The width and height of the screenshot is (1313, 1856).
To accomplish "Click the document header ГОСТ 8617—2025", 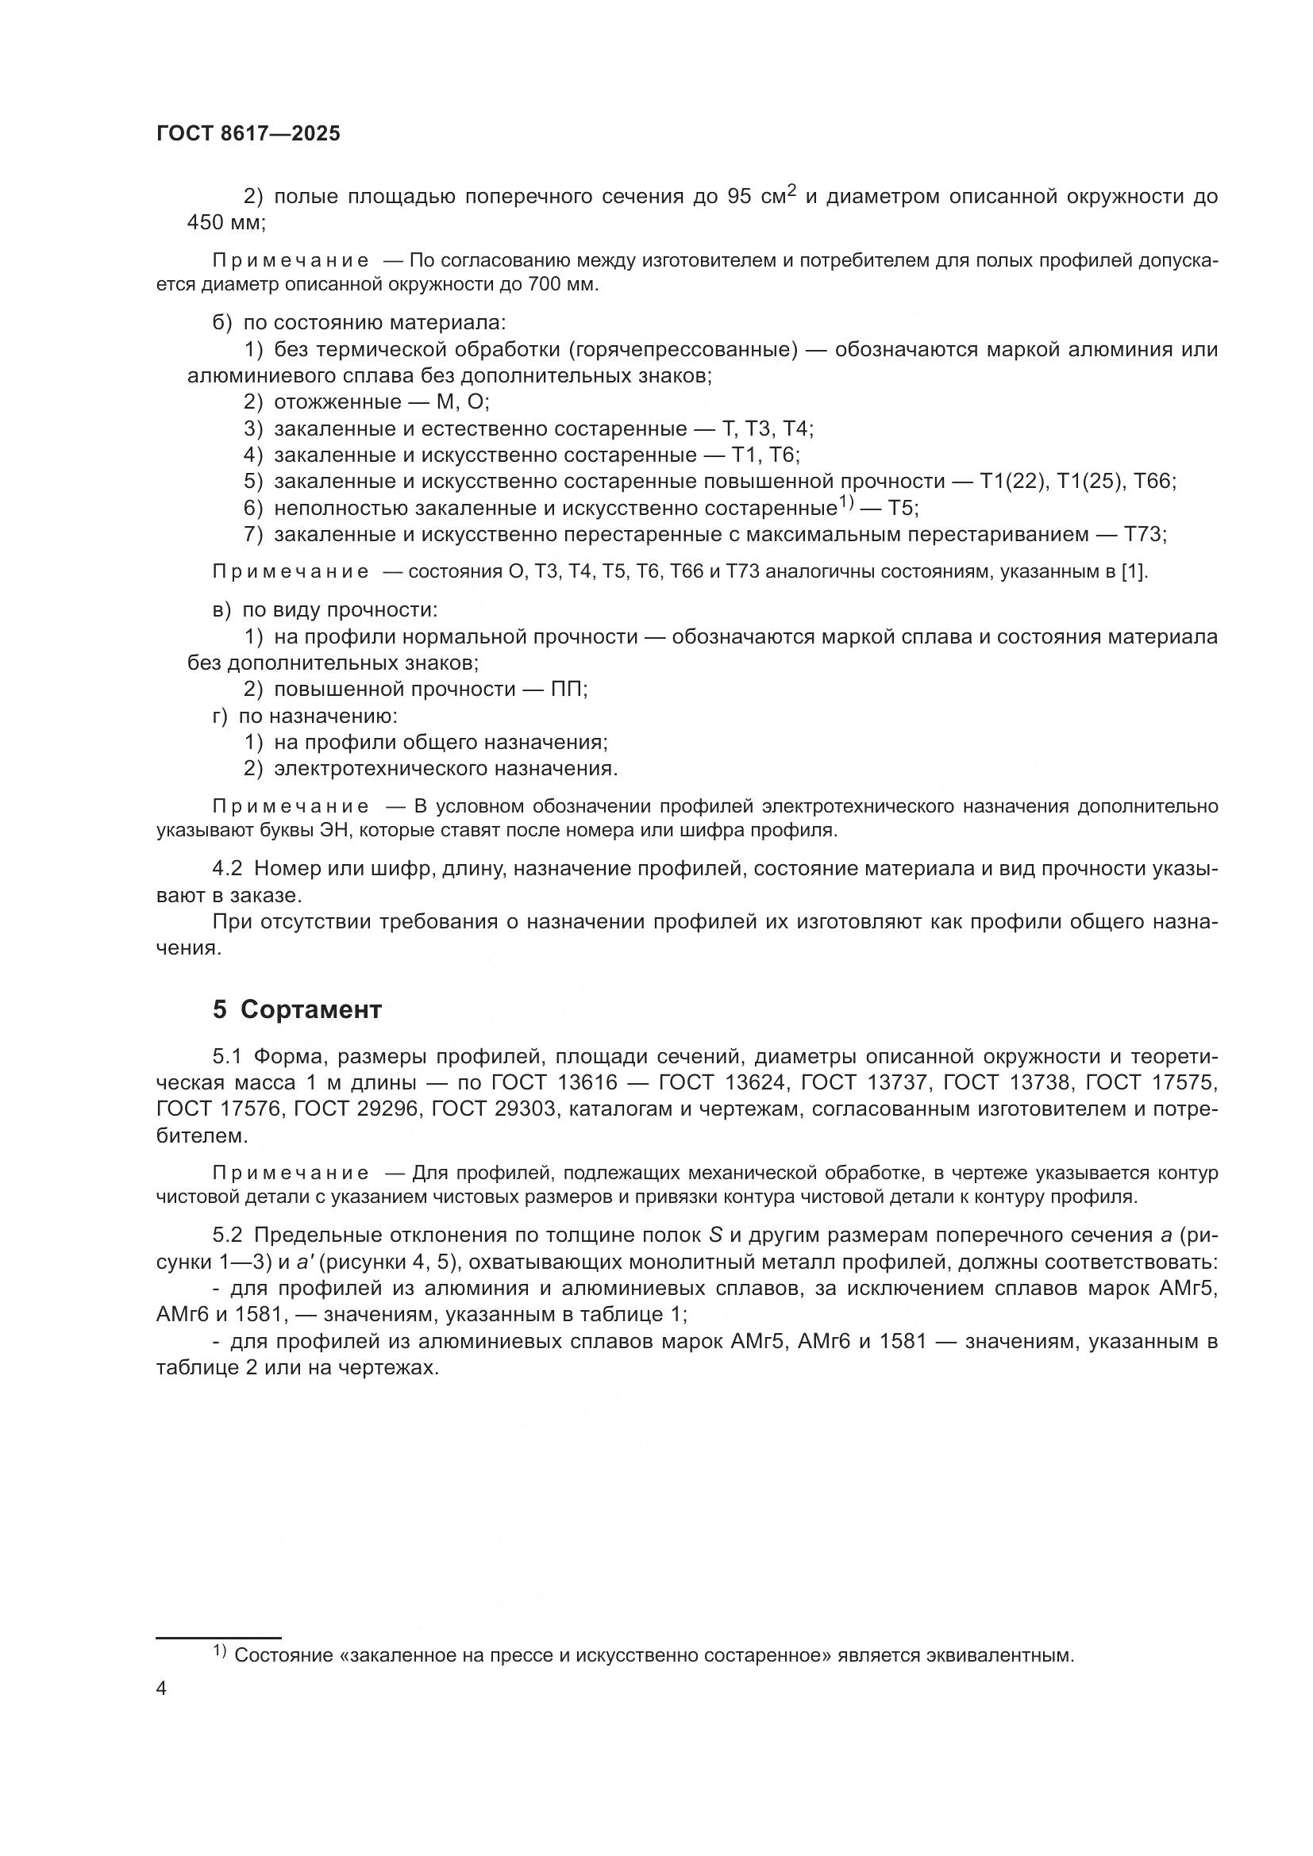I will tap(248, 134).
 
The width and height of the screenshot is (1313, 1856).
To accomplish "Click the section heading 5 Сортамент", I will tap(297, 1009).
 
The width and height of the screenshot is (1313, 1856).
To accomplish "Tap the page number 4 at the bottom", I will tap(161, 1689).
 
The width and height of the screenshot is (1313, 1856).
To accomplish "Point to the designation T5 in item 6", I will tap(903, 509).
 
